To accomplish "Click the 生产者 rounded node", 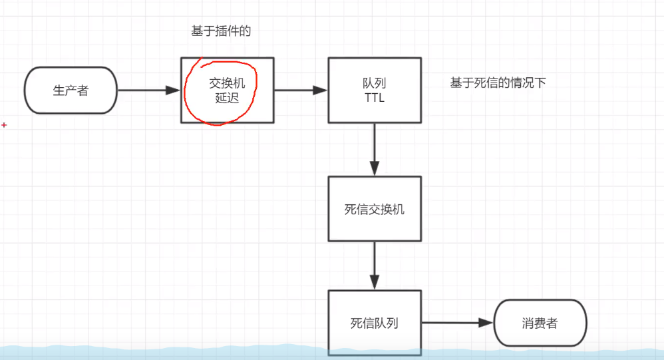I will (71, 90).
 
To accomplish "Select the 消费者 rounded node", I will (540, 323).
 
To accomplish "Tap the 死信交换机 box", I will (374, 209).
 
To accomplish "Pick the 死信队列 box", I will (374, 323).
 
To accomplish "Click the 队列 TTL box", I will (374, 90).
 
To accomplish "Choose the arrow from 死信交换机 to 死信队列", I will (375, 265).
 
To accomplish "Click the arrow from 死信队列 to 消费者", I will (456, 323).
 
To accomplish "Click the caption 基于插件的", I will (221, 31).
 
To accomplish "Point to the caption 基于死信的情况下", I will (498, 83).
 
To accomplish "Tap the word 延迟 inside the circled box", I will (227, 98).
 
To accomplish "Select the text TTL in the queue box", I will (374, 98).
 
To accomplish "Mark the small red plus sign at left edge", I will (4, 124).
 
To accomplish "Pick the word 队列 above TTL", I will (374, 84).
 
